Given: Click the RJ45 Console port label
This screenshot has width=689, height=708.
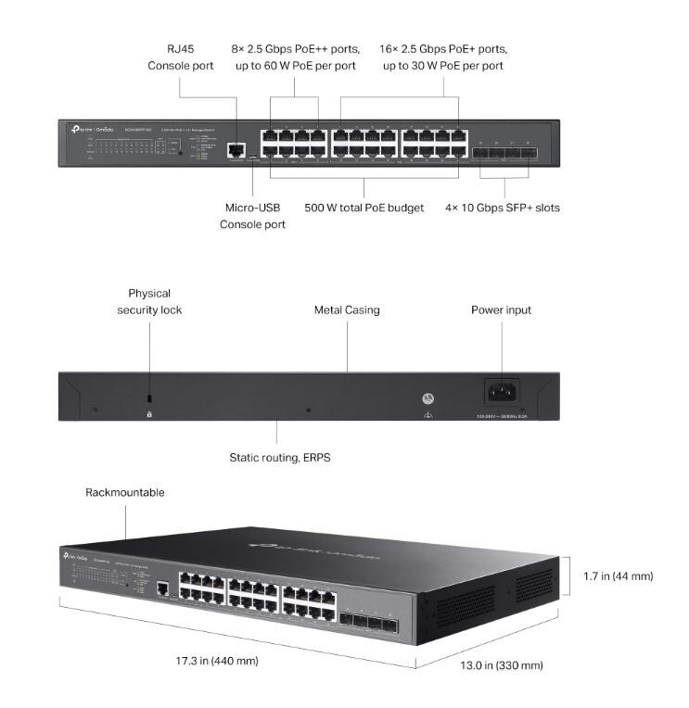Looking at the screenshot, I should [x=181, y=57].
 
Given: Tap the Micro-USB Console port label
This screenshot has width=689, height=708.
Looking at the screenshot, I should [x=252, y=216].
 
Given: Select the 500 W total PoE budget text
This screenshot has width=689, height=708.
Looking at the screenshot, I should [x=364, y=208].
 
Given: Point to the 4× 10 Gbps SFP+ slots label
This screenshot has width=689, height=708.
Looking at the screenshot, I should [x=503, y=208].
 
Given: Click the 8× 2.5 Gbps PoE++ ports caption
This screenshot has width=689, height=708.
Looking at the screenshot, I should [x=294, y=57].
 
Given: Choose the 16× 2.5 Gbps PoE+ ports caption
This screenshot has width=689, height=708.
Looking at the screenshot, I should [x=443, y=57].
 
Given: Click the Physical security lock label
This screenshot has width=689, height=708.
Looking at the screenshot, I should [x=149, y=301].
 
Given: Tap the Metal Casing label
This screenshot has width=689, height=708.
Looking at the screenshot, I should [x=347, y=310].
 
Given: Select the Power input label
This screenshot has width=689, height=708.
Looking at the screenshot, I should [x=501, y=310].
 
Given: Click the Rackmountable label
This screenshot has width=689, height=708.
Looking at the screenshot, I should [x=125, y=492].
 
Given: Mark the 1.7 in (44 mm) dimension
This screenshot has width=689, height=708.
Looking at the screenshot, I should [x=618, y=576].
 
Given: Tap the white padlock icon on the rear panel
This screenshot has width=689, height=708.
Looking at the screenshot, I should [x=149, y=413].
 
